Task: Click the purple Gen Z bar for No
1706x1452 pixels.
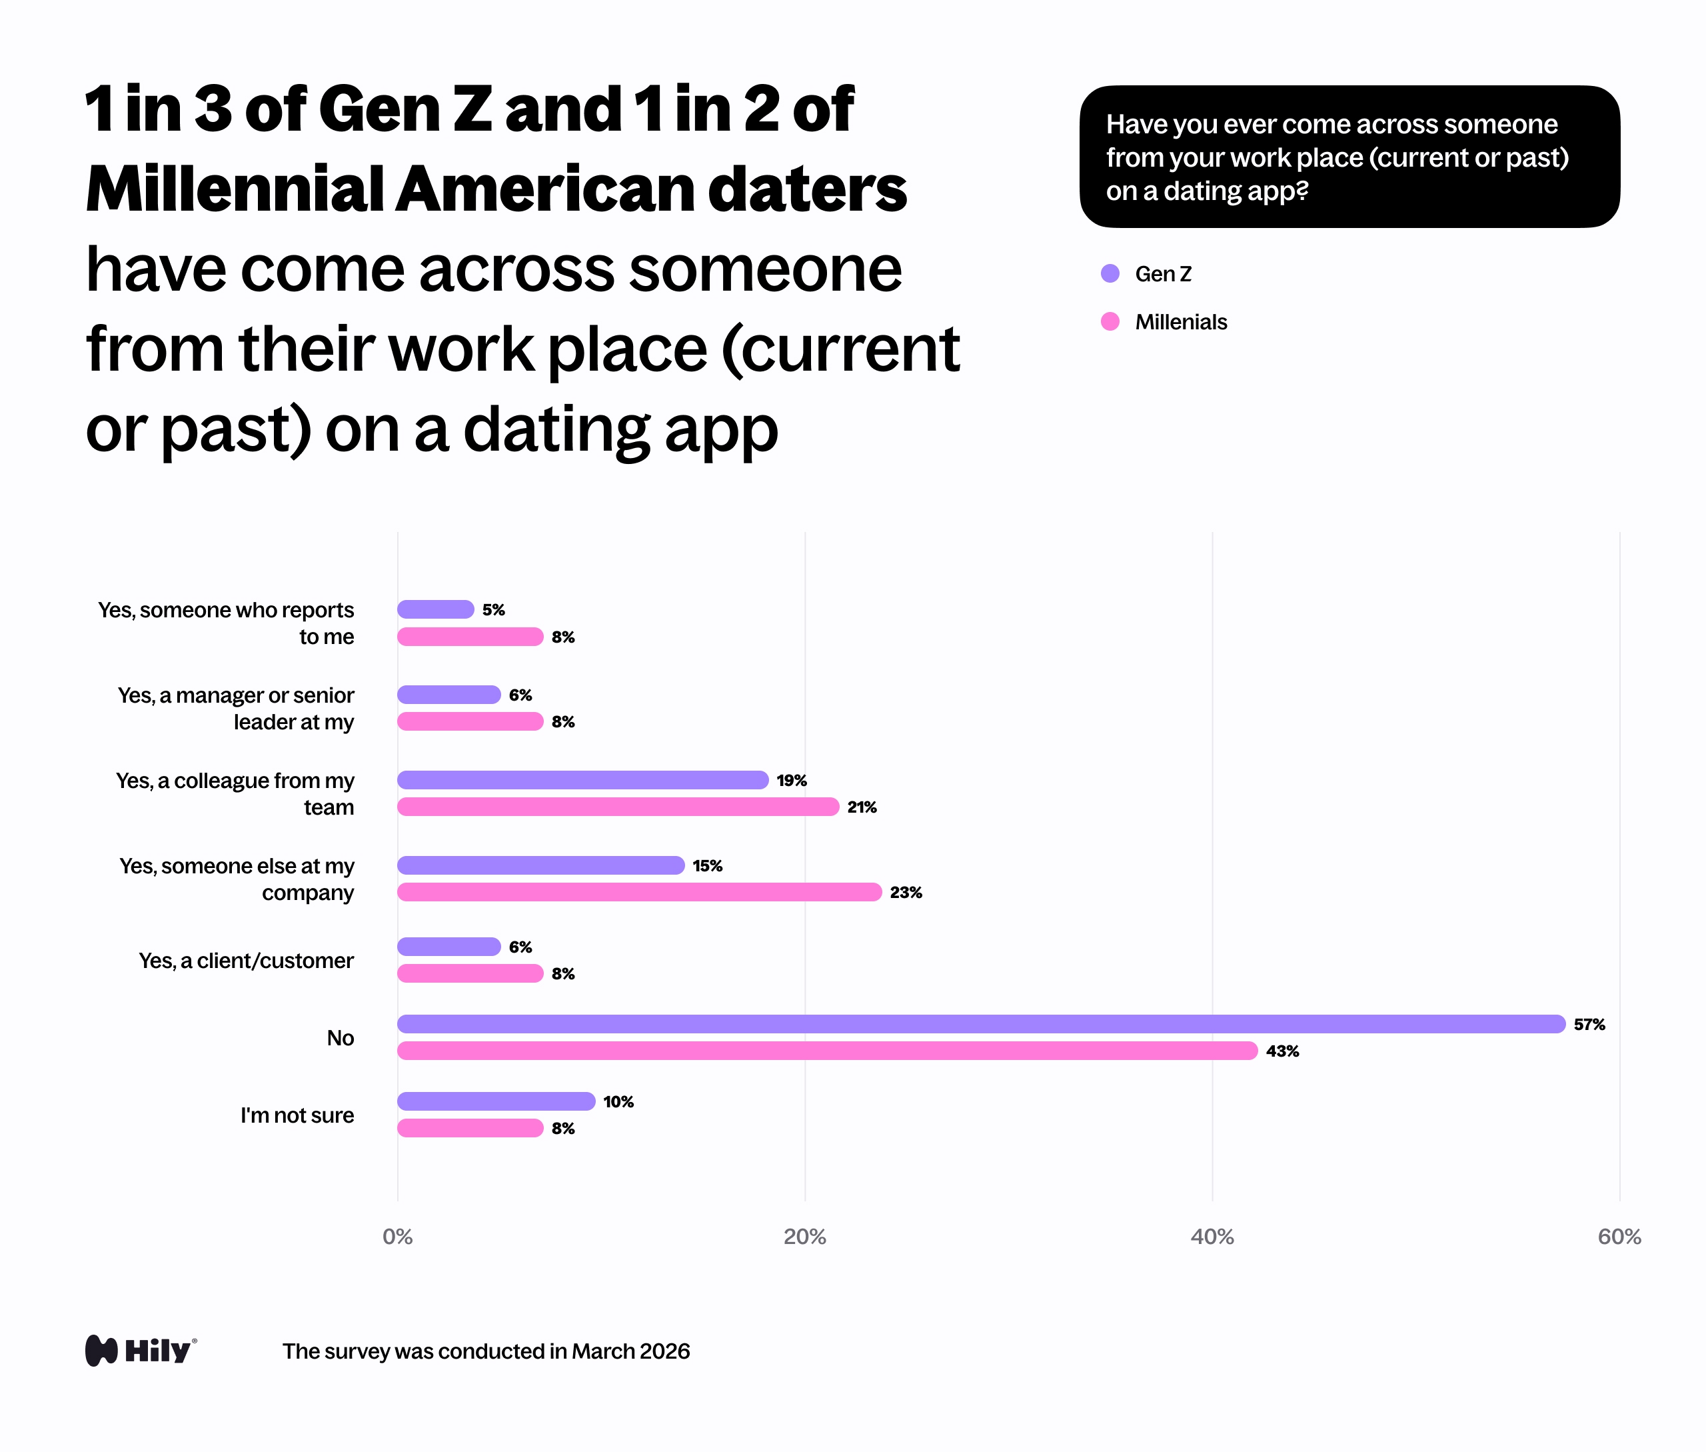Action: point(980,1024)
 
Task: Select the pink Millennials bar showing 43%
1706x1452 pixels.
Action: point(826,1050)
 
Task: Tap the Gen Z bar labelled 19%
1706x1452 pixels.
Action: point(582,779)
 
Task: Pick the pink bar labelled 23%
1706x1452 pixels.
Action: point(638,891)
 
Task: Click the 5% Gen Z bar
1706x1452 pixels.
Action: point(435,609)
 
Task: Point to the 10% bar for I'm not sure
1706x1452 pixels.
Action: point(495,1101)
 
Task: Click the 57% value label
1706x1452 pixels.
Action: point(1588,1024)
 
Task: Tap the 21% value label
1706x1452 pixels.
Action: point(861,807)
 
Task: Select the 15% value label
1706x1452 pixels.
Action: point(707,865)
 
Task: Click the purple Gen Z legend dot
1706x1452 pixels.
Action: point(1110,273)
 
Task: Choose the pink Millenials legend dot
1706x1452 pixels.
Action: point(1110,321)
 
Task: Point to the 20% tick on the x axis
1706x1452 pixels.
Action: point(804,1237)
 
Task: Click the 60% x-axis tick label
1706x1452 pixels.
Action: point(1618,1237)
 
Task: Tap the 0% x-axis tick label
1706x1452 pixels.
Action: point(397,1237)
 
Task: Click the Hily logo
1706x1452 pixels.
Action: point(141,1351)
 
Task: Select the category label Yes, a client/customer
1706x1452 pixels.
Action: point(245,961)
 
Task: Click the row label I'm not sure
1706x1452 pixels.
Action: point(297,1115)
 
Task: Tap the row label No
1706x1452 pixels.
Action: point(340,1038)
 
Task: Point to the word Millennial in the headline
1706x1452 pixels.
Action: point(234,189)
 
